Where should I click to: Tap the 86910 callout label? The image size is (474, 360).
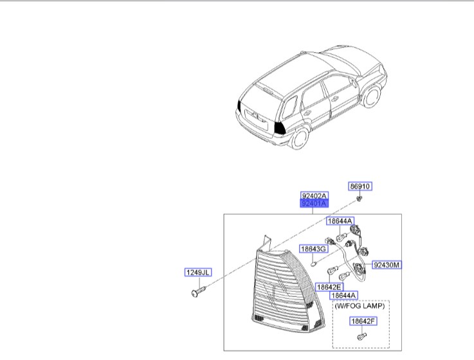pyautogui.click(x=360, y=186)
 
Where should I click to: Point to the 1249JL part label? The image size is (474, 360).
pyautogui.click(x=198, y=273)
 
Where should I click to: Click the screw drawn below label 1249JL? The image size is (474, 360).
pyautogui.click(x=197, y=293)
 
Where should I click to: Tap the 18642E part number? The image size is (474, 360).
pyautogui.click(x=329, y=287)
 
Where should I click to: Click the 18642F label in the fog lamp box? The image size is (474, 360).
pyautogui.click(x=361, y=321)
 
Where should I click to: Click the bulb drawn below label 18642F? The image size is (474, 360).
pyautogui.click(x=361, y=335)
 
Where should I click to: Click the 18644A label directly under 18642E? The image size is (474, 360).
pyautogui.click(x=344, y=296)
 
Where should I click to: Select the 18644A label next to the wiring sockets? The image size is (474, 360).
pyautogui.click(x=340, y=221)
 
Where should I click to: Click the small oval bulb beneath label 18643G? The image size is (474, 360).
pyautogui.click(x=313, y=262)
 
